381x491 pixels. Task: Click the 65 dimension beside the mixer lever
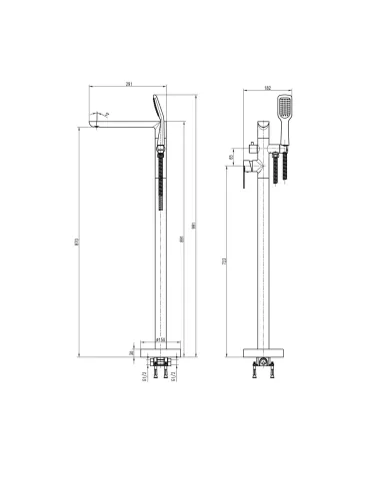[x=233, y=156]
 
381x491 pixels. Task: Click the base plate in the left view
[x=159, y=351]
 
